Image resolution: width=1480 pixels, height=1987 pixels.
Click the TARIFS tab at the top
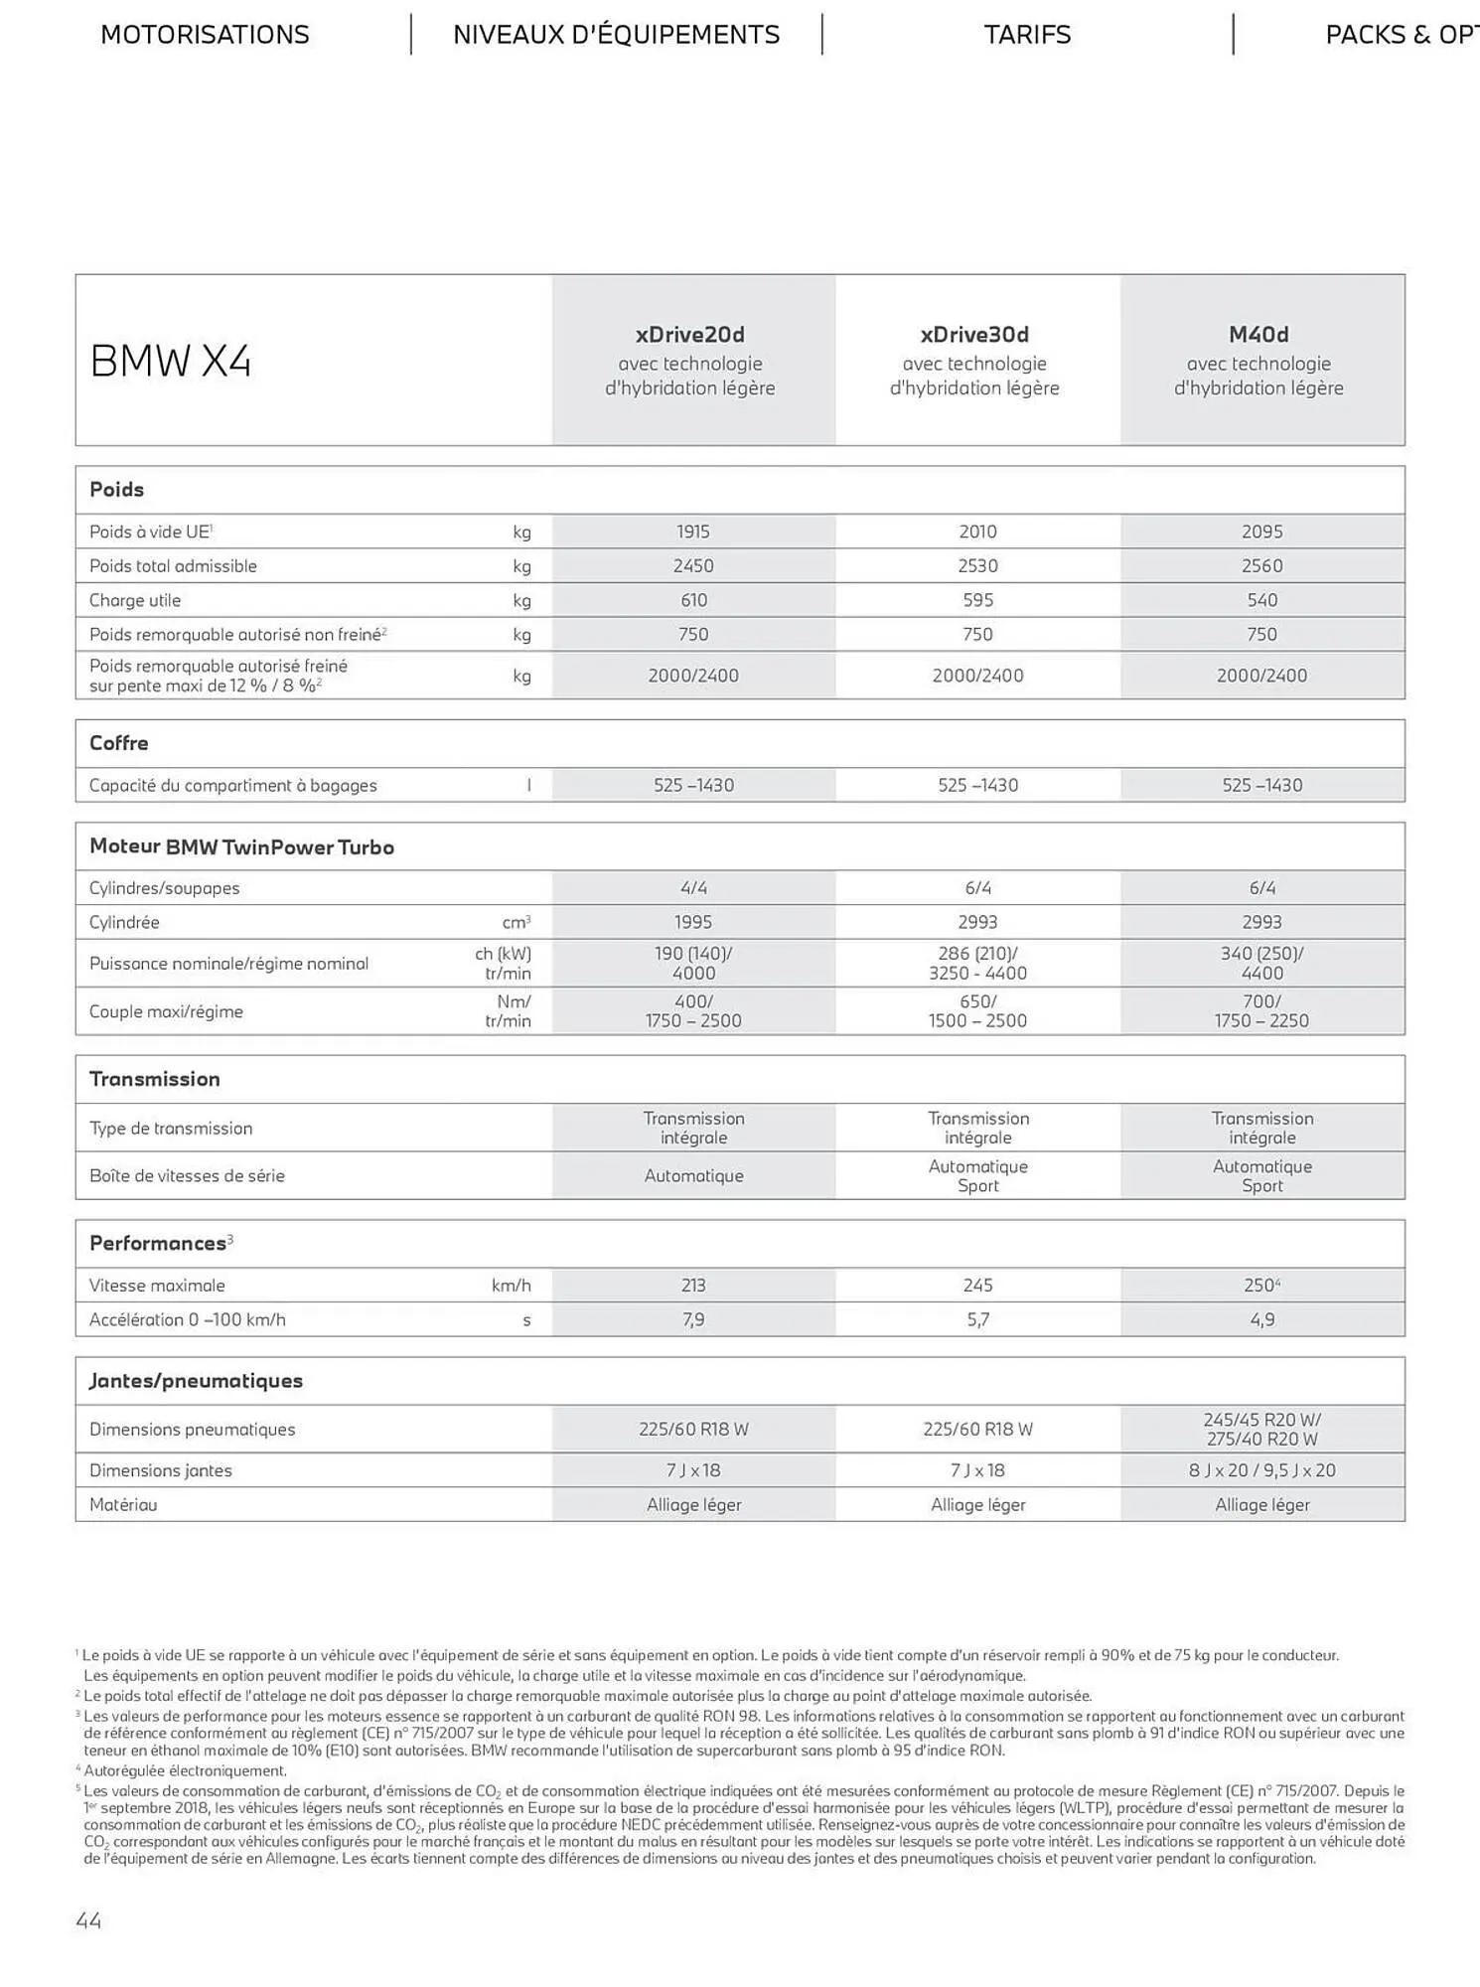pos(1027,35)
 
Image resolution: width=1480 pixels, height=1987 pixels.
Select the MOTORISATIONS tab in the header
pos(205,35)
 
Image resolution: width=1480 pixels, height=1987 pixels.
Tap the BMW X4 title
pos(171,361)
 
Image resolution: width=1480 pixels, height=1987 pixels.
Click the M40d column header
pos(1258,335)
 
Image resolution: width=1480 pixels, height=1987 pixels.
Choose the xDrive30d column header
pos(974,335)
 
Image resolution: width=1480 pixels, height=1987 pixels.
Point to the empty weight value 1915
pos(693,532)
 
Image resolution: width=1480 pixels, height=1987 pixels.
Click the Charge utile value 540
pos(1261,600)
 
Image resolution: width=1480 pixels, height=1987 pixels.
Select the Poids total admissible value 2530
pos(977,566)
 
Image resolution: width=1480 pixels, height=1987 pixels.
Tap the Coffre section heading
pos(119,743)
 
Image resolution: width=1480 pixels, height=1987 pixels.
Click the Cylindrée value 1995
pos(693,922)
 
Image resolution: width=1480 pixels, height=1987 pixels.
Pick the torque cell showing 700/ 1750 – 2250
pos(1261,1011)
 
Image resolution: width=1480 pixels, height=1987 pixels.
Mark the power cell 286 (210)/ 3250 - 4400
pos(977,963)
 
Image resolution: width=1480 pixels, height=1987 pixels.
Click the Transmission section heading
pos(155,1079)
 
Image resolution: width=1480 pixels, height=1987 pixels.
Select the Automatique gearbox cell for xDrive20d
pos(693,1175)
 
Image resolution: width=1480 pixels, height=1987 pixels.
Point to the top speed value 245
pos(977,1286)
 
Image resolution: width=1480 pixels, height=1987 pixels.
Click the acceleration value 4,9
pos(1261,1319)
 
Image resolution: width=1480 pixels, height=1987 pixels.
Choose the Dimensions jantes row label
pos(161,1470)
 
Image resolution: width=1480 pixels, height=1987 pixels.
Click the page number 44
pos(88,1920)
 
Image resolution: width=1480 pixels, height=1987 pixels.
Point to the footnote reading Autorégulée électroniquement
pos(185,1770)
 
